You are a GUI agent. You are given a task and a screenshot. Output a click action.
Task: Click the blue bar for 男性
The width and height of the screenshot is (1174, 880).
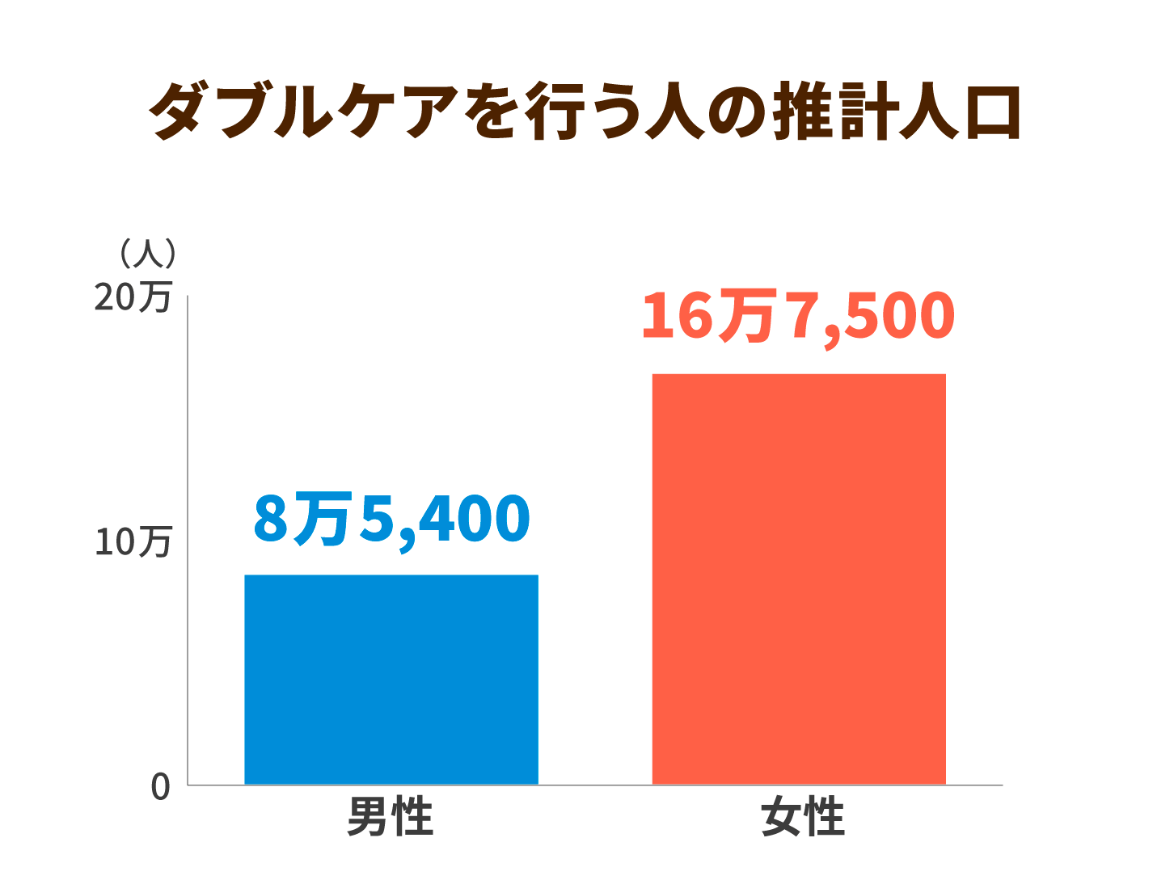point(391,679)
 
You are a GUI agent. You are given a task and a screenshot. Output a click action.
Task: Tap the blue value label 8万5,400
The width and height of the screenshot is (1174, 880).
point(391,519)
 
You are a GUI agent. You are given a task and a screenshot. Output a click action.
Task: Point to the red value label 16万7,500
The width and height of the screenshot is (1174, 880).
point(798,316)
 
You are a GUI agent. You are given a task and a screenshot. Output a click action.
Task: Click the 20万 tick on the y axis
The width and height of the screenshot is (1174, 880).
point(133,297)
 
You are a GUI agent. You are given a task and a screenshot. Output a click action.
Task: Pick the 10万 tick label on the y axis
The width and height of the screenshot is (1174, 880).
point(133,541)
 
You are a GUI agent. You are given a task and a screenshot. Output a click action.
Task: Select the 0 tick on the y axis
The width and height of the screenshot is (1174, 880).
point(161,787)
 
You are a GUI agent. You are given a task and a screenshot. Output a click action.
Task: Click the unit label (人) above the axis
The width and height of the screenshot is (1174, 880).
point(147,254)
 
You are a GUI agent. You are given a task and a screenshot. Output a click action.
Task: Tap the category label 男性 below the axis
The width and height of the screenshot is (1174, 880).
point(391,818)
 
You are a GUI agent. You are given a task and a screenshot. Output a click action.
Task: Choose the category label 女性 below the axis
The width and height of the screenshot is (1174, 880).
point(803,818)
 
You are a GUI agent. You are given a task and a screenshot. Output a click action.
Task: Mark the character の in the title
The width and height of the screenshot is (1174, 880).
point(737,112)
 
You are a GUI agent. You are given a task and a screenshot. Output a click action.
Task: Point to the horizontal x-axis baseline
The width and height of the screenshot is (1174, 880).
point(595,785)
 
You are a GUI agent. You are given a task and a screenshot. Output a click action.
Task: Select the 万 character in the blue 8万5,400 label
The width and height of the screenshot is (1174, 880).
point(323,519)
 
